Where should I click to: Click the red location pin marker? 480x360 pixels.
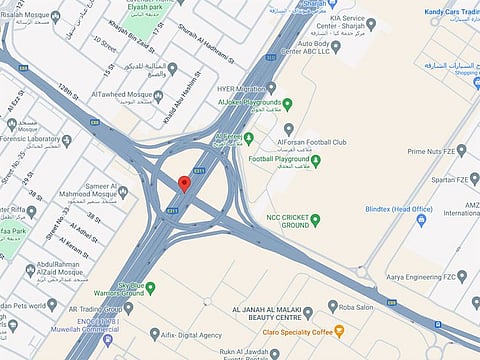pyautogui.click(x=184, y=184)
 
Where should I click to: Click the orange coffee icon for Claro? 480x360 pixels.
pyautogui.click(x=340, y=330)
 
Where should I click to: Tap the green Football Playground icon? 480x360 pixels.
pyautogui.click(x=315, y=159)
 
